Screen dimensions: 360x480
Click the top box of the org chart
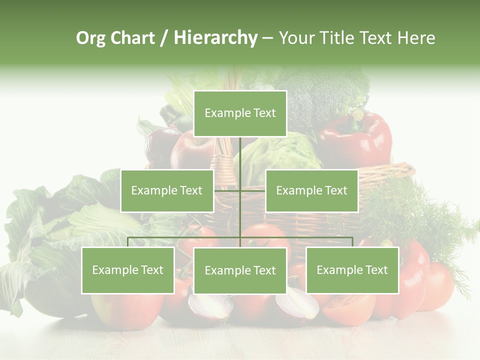(x=240, y=113)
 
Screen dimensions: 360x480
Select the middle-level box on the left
(x=167, y=190)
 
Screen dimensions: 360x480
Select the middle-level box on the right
(x=311, y=190)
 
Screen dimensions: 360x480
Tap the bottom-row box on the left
(x=128, y=270)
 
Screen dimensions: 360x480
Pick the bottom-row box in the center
(x=240, y=270)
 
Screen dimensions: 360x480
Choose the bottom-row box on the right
(x=352, y=270)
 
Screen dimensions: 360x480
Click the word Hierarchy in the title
(x=215, y=38)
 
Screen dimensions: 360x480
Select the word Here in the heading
(x=416, y=38)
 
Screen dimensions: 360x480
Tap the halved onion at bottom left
(x=210, y=305)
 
